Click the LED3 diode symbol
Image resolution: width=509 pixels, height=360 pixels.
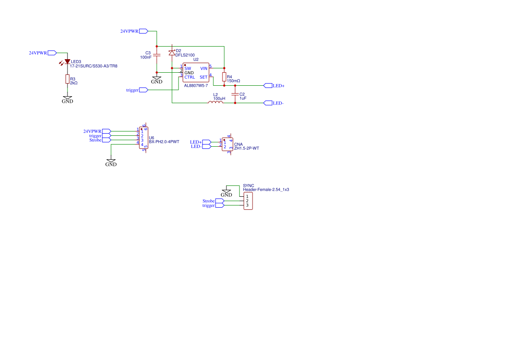(x=67, y=62)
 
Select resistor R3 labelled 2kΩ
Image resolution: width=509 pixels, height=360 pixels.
(x=67, y=79)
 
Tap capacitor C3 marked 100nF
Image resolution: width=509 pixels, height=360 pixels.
(x=157, y=54)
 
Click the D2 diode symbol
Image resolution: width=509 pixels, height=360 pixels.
(x=172, y=53)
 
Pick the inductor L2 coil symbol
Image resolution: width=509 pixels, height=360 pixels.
(x=216, y=102)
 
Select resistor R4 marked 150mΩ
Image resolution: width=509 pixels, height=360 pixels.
(x=224, y=77)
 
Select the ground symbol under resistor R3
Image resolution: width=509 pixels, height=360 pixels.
(x=67, y=100)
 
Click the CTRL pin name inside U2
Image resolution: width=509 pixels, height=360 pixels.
(x=190, y=77)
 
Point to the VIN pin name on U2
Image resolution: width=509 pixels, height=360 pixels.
(x=204, y=68)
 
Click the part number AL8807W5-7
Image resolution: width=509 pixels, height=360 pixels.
(x=196, y=86)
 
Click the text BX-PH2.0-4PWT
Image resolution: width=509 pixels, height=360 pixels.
(x=164, y=142)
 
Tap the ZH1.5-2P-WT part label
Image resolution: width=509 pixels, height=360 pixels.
(x=246, y=148)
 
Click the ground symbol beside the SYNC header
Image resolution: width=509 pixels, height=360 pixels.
(x=226, y=192)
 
